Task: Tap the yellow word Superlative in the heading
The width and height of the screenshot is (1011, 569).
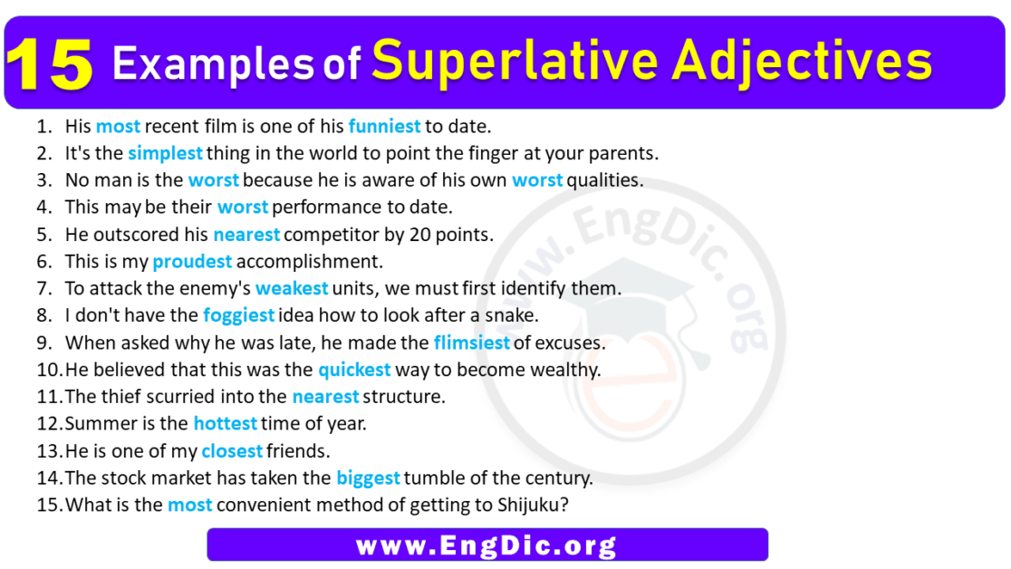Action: click(498, 61)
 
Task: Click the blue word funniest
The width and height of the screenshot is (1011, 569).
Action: click(384, 127)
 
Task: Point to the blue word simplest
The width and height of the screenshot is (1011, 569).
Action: click(165, 153)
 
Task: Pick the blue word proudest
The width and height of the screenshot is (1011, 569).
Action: click(192, 262)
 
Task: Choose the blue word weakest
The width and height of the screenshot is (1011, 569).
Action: click(292, 289)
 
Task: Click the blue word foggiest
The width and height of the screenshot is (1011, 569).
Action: click(239, 315)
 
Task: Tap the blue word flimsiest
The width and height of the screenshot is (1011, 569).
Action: click(472, 342)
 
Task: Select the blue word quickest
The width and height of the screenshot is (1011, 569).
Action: click(354, 370)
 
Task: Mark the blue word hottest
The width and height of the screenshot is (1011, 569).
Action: click(226, 423)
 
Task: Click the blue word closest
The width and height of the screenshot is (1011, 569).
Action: click(232, 450)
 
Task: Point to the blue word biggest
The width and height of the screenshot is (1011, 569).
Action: click(369, 477)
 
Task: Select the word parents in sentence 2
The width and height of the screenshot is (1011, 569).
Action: click(624, 153)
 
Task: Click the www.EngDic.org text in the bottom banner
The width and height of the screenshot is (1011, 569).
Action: click(486, 545)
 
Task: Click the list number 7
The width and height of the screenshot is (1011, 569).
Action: click(43, 289)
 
